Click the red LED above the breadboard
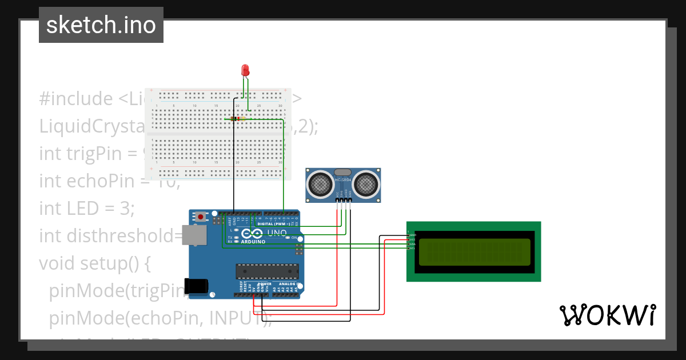245,70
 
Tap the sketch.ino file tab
101,25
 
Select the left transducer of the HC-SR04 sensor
321,184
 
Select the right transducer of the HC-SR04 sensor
366,184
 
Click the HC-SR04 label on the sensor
343,180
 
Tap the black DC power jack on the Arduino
194,286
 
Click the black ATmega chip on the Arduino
267,271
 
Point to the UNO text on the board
277,233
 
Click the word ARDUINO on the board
253,242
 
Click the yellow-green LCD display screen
474,252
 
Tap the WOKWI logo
607,315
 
